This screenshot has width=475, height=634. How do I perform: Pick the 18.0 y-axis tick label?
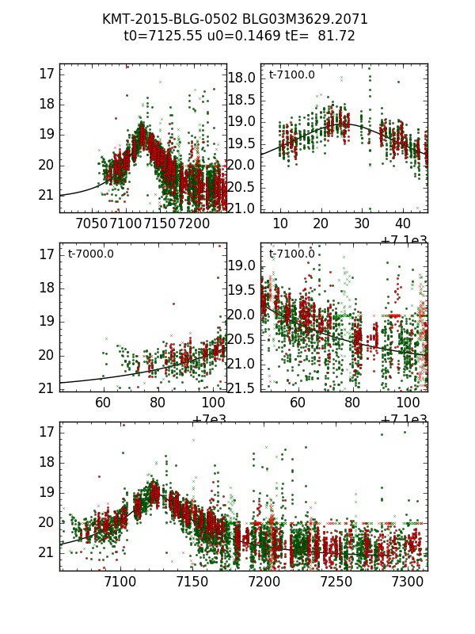(243, 78)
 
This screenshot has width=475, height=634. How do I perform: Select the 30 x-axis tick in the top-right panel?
(362, 224)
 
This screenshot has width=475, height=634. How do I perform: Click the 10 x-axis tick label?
(279, 224)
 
